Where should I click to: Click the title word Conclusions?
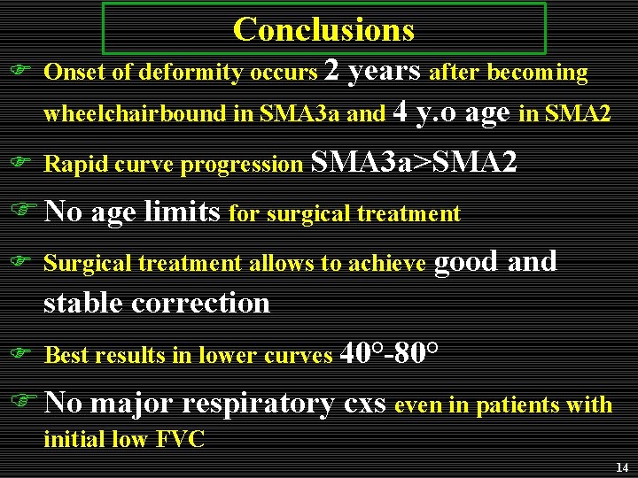tap(323, 30)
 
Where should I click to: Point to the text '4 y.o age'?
tap(450, 112)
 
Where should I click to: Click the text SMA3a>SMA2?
tap(414, 162)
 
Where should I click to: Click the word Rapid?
tap(72, 164)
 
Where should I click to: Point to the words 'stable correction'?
tap(157, 303)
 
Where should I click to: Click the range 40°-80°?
tap(388, 353)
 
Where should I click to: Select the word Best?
tap(67, 356)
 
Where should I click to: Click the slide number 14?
tap(620, 466)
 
